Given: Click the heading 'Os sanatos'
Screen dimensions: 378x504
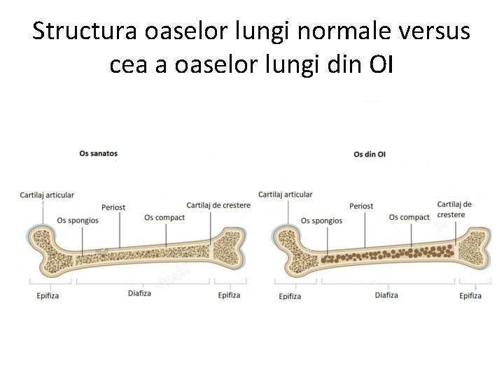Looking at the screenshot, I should [98, 153].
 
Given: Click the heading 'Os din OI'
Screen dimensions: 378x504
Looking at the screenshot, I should [369, 155].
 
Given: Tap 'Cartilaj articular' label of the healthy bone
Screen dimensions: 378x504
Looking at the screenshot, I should [48, 194].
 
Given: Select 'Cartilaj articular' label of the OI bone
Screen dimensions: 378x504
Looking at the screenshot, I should [286, 194].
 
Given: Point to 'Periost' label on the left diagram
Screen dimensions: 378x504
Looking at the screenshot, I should [113, 207].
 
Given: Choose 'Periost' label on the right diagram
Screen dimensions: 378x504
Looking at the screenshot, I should [361, 206].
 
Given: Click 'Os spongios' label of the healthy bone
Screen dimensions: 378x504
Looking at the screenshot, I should [78, 219].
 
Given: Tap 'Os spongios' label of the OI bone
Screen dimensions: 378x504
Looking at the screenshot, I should [321, 220].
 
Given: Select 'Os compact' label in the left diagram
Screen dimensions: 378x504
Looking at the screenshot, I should [164, 218].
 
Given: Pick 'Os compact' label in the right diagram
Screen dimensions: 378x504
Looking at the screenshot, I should [409, 217].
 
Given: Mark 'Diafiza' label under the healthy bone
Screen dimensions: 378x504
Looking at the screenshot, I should [140, 293].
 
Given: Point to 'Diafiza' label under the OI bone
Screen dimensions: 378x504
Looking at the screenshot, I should [386, 295].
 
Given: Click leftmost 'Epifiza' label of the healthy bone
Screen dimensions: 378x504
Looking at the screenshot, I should [48, 295].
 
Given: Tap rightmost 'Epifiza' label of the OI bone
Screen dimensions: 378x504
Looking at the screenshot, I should [470, 295].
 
